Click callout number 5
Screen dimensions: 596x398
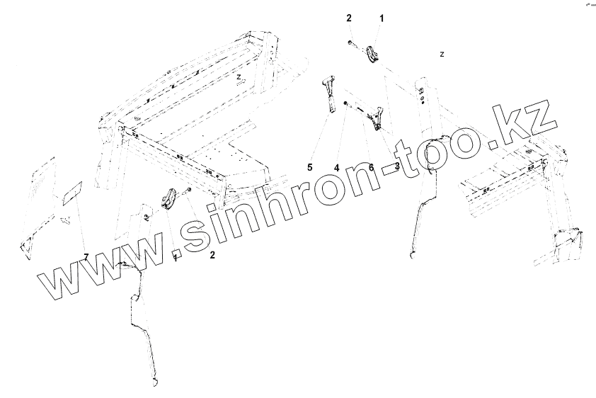click(309, 167)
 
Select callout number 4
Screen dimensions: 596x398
click(338, 167)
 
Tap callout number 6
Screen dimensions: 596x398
click(370, 167)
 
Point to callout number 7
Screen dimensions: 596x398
click(86, 256)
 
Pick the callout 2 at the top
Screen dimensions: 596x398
click(349, 18)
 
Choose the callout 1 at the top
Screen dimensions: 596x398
click(382, 18)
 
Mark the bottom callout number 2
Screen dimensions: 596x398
click(212, 256)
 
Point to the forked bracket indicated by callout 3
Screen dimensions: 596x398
click(377, 118)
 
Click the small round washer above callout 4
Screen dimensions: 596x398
click(344, 103)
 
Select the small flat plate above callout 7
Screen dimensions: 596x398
click(73, 193)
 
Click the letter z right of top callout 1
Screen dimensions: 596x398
click(442, 54)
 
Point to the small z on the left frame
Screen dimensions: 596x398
click(240, 76)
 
